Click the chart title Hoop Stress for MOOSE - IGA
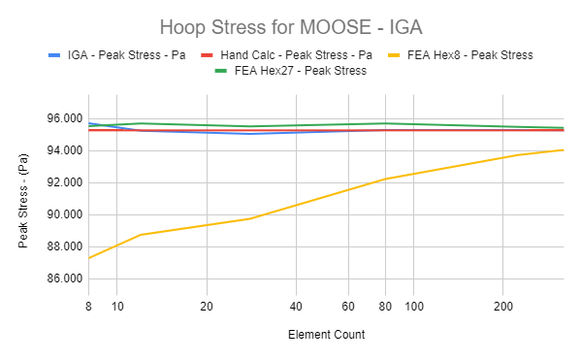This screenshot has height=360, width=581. pos(290,25)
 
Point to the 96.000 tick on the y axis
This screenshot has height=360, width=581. pos(62,118)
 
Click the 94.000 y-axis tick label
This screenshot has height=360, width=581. pos(62,150)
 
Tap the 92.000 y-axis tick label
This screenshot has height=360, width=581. pos(62,182)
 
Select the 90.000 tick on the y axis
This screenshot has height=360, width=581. pos(62,214)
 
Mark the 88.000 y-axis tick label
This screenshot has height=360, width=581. pos(62,246)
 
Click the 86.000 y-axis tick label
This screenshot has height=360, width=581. pos(62,278)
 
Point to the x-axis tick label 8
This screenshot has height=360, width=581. pos(88,307)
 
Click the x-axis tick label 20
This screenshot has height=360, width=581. pos(206,307)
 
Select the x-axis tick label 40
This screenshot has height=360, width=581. pos(295,307)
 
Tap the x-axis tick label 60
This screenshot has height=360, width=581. pos(347,307)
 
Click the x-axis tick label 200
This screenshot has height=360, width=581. pos(501,307)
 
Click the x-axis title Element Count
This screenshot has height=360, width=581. pos(326,335)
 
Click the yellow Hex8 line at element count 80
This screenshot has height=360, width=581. pos(385,179)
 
